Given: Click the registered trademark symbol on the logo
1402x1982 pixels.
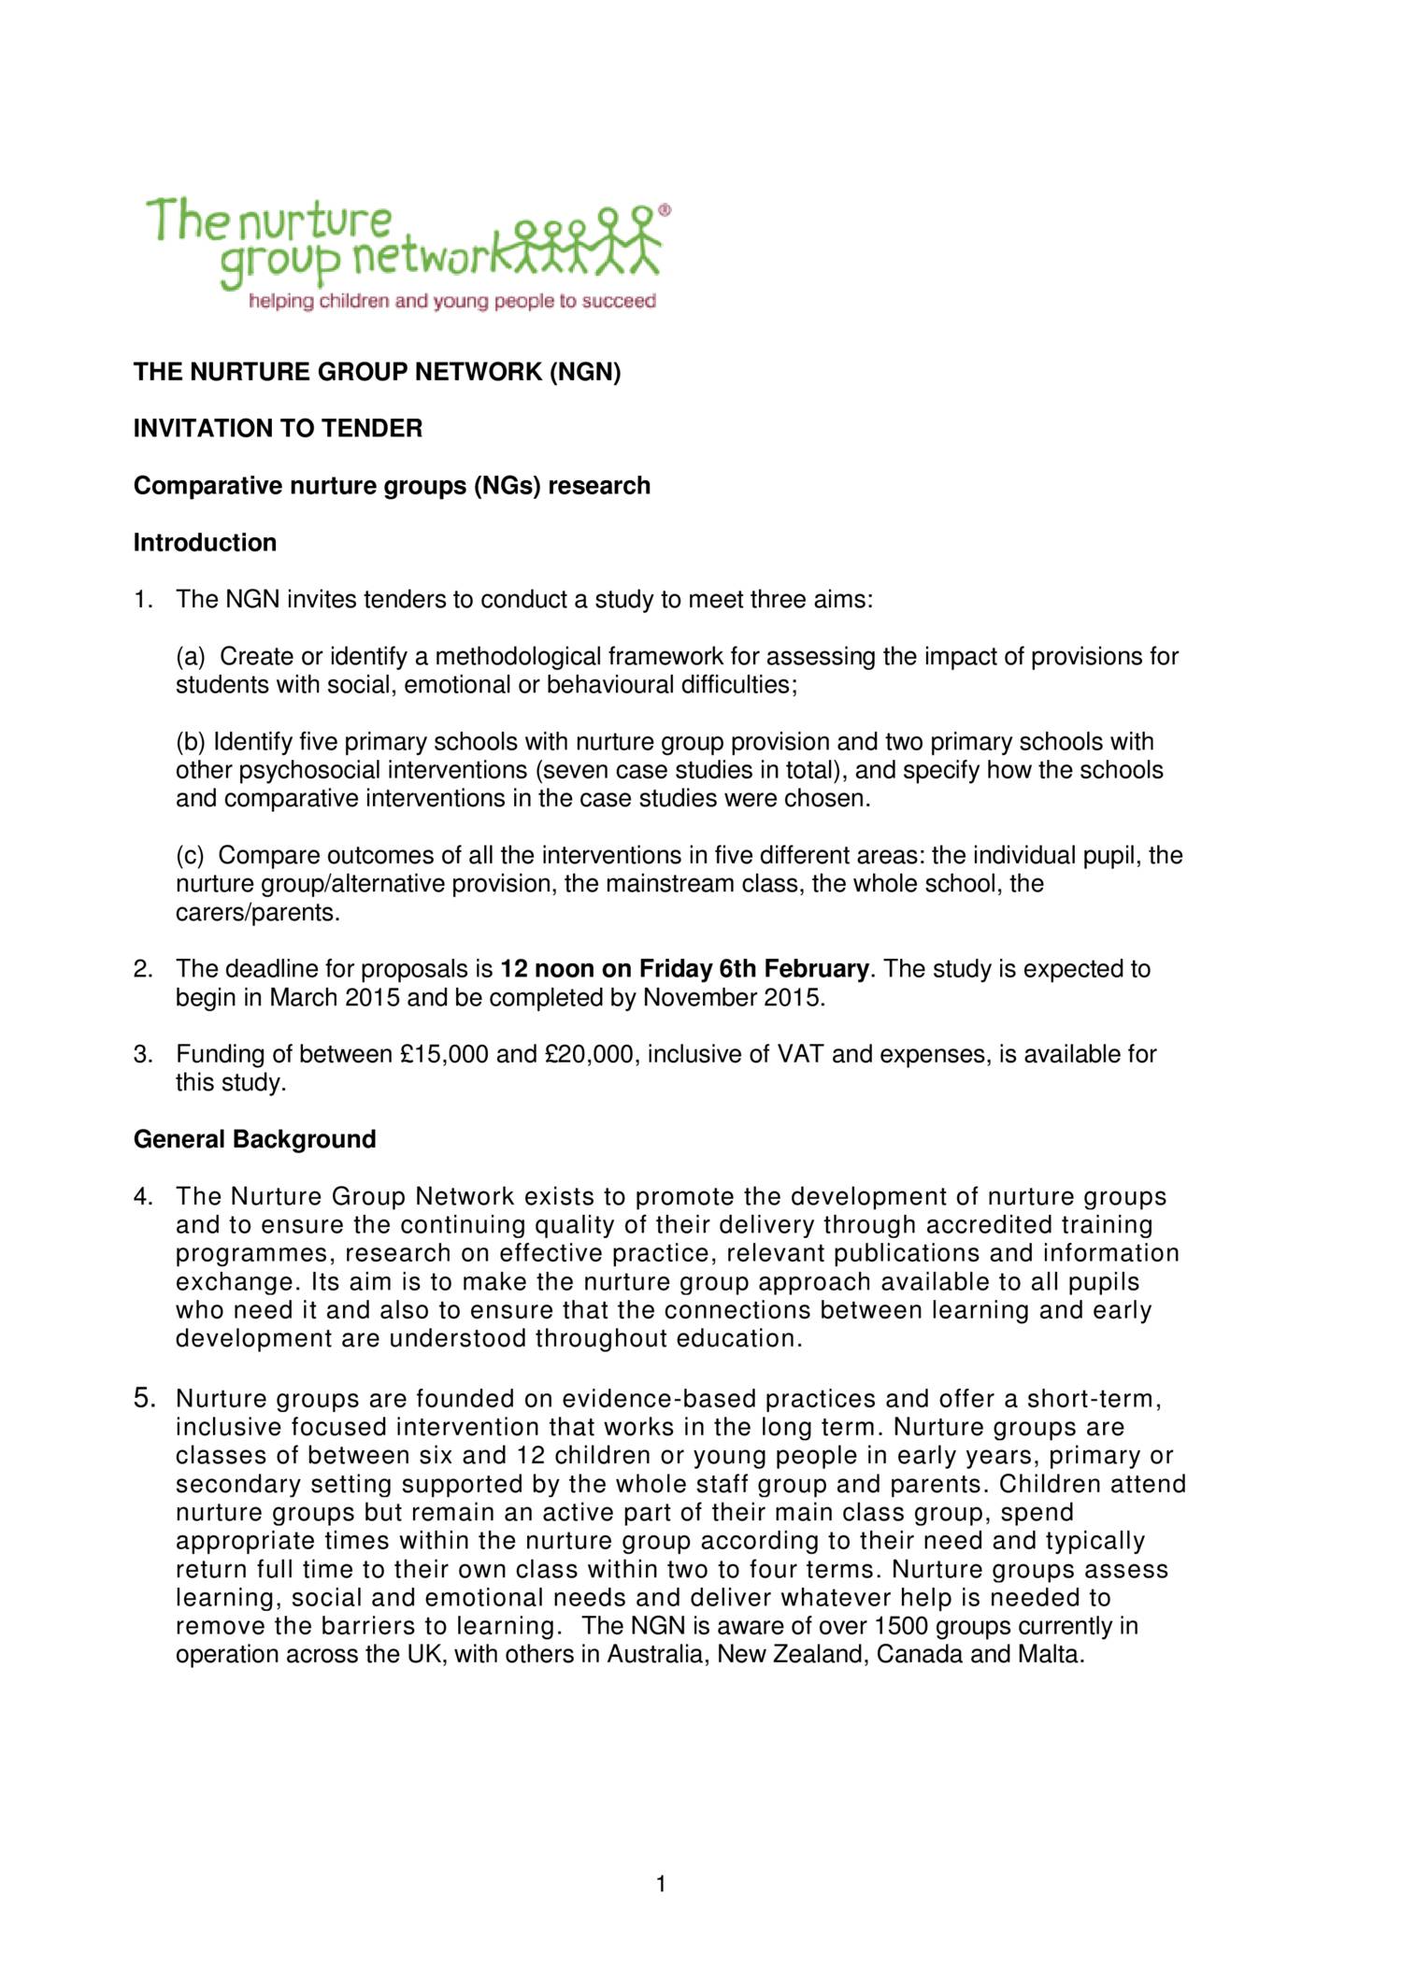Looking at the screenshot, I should coord(665,210).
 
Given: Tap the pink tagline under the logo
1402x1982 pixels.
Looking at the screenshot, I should coord(451,302).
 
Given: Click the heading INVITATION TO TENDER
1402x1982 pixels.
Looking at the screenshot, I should coord(278,429).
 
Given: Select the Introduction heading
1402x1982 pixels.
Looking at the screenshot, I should coord(205,543).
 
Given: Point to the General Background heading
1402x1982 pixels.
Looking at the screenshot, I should coord(254,1140).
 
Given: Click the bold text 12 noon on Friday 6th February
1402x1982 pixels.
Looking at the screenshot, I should coord(685,969).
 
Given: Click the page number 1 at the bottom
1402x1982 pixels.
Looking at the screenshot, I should coord(661,1885).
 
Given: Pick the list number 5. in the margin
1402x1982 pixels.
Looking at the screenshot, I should coord(145,1398).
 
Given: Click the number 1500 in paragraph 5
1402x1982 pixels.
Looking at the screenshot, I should coord(902,1627).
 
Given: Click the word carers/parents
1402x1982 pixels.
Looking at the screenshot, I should coord(257,912).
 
